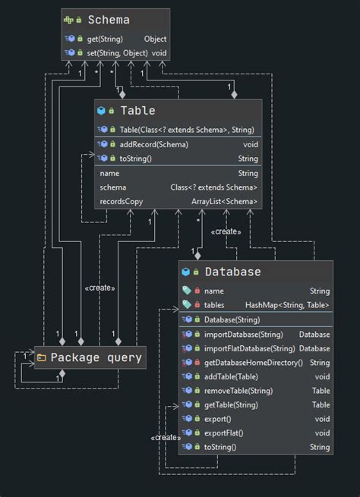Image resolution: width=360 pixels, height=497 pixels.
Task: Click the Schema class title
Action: pos(109,20)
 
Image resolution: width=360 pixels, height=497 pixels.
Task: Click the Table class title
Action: pos(137,111)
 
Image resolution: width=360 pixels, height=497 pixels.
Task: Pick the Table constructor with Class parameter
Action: pos(187,130)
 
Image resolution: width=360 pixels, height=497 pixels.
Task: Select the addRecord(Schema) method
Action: pos(154,144)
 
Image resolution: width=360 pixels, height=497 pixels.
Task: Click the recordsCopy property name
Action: pos(121,201)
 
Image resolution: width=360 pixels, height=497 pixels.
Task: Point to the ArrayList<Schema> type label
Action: pos(224,201)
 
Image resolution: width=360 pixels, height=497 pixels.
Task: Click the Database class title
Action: pos(232,272)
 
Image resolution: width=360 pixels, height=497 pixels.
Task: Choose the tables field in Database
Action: pos(214,305)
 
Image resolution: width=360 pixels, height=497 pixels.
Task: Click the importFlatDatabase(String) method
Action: pos(249,348)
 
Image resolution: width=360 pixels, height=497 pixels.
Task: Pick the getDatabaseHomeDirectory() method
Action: pos(254,363)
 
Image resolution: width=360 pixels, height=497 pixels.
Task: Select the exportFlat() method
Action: pos(223,433)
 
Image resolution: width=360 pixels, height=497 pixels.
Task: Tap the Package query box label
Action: pos(96,357)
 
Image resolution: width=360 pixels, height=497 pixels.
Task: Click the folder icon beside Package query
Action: pos(43,357)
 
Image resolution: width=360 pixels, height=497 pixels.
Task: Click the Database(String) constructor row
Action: pos(232,319)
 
